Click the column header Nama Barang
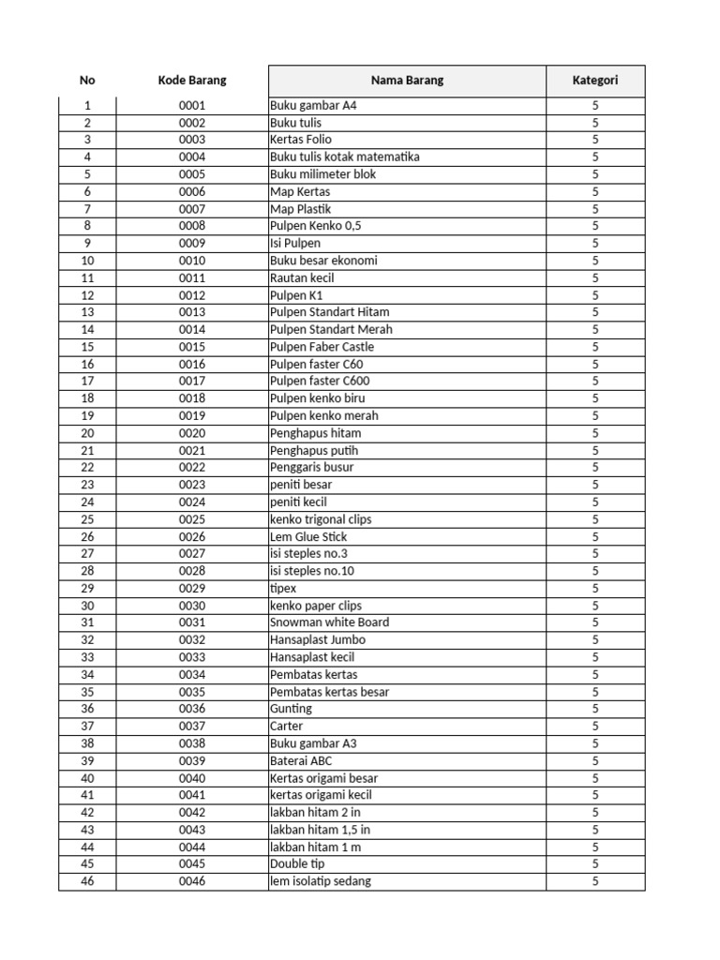tap(407, 81)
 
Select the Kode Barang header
tap(192, 81)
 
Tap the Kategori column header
tap(595, 81)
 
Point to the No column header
tap(87, 81)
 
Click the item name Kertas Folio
tap(300, 140)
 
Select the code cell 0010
tap(192, 261)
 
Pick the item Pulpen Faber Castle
tap(322, 347)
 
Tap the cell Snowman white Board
tap(329, 622)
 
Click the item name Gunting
tap(290, 709)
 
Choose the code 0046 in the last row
tap(192, 881)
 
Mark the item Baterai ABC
tap(300, 760)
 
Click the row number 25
tap(87, 519)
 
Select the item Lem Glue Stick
tap(307, 536)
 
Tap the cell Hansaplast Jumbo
tap(317, 639)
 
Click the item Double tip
tap(297, 863)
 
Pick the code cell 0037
tap(192, 726)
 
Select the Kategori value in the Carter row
tap(595, 726)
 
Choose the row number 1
tap(87, 106)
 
